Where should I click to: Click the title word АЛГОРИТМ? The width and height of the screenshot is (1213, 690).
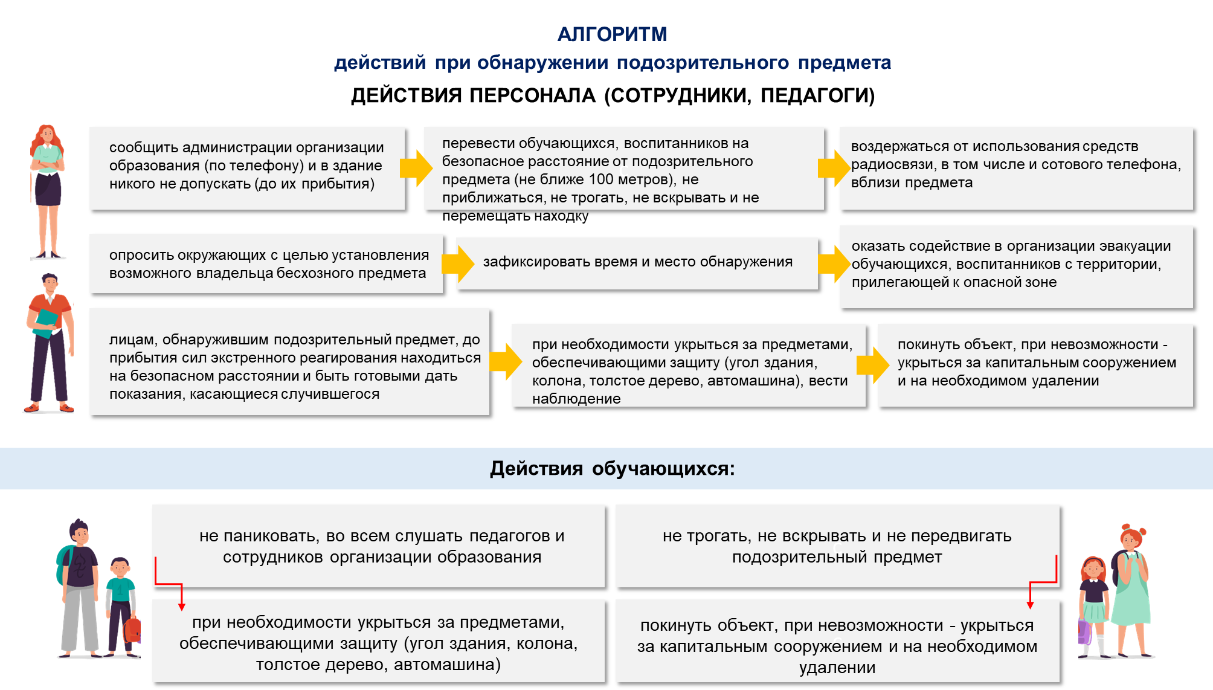(612, 34)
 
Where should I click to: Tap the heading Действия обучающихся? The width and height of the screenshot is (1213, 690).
(612, 468)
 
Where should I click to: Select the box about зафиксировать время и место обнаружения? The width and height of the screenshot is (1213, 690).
(637, 263)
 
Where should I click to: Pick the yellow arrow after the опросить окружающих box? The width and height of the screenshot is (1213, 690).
(458, 264)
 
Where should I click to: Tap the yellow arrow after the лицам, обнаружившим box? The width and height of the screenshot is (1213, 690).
(506, 361)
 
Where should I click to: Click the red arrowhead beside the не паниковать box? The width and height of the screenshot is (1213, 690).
(181, 607)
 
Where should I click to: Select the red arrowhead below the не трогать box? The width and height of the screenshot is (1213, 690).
(1030, 605)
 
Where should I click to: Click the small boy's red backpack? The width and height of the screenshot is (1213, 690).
(132, 629)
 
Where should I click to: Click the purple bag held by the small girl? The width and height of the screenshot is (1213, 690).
(1084, 631)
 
